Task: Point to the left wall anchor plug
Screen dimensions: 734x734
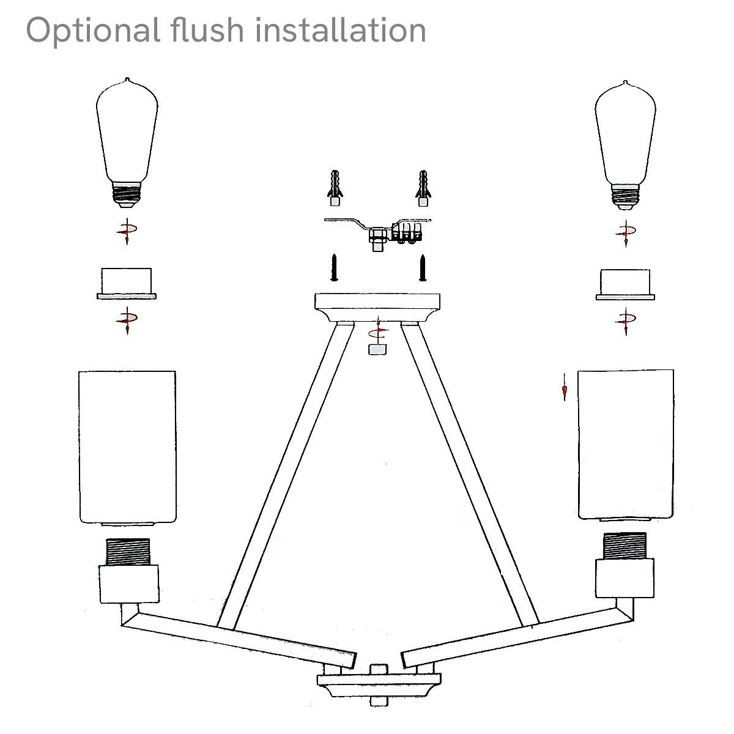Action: (x=334, y=187)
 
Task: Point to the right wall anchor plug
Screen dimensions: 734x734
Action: (x=422, y=187)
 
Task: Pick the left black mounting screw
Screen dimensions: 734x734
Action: (x=334, y=267)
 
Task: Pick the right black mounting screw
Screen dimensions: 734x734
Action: (x=422, y=267)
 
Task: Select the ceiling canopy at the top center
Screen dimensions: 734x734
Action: (x=377, y=306)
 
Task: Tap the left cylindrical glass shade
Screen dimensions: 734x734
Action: (x=127, y=447)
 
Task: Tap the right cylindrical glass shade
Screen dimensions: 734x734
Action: (x=626, y=445)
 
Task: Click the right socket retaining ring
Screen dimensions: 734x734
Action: (x=625, y=284)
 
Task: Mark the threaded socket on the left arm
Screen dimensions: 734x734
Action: (x=128, y=552)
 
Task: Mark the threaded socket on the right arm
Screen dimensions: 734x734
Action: (x=625, y=546)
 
